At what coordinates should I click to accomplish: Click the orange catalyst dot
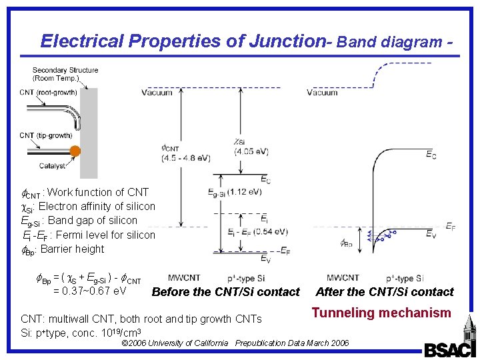(75, 151)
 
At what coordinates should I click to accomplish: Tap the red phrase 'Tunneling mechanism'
(381, 313)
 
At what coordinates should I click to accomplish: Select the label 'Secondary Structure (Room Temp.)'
(65, 74)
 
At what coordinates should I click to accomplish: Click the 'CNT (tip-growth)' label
(45, 135)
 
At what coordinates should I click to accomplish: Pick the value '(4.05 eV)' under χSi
(251, 151)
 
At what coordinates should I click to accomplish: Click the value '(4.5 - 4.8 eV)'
(185, 158)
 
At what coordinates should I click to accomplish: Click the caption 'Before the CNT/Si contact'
(226, 291)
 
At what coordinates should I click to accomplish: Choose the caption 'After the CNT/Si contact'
(385, 291)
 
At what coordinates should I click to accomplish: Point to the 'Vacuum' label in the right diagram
(322, 93)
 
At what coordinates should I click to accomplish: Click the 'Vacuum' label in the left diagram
(157, 93)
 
